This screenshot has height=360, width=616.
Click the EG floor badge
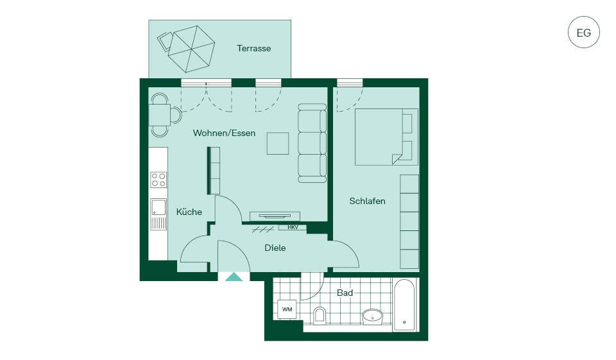(584, 32)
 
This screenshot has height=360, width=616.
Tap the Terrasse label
(254, 48)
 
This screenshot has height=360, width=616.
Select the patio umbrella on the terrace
(191, 49)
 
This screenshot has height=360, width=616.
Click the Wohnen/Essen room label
(224, 133)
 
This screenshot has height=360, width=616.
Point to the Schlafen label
(367, 201)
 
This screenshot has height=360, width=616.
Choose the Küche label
(189, 212)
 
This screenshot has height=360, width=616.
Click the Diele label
(275, 248)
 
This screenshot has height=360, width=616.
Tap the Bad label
(345, 293)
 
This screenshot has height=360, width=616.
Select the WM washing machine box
(287, 310)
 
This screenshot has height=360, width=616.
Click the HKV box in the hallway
(293, 227)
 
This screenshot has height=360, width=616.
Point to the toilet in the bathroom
(320, 316)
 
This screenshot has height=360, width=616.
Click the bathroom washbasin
(372, 316)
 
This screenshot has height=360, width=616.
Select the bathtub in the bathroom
(404, 305)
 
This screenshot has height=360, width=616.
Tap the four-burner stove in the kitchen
(158, 180)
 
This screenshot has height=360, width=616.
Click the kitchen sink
(158, 214)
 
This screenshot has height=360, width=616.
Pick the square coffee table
(278, 144)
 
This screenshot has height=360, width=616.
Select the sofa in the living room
(312, 143)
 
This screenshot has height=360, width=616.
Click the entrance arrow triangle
(234, 277)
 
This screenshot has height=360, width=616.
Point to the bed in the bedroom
(386, 137)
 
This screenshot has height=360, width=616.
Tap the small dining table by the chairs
(160, 115)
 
